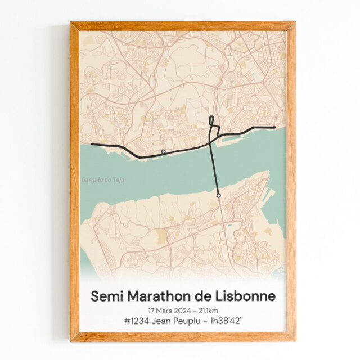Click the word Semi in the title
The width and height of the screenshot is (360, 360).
point(107,295)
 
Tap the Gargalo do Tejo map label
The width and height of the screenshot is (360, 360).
point(103,180)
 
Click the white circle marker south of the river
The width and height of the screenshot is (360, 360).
point(218,195)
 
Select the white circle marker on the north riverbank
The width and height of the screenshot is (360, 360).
point(163,152)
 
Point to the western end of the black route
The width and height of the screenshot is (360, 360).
point(92,145)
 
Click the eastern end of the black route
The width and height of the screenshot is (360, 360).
point(274,127)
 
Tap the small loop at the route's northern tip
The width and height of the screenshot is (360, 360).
point(211,120)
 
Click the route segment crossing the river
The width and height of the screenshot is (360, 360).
point(214,169)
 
